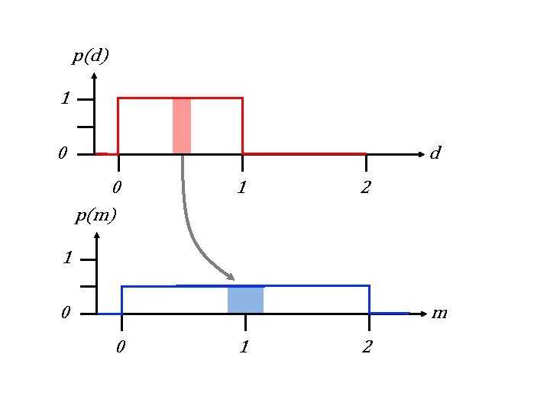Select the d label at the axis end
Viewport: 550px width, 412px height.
click(435, 153)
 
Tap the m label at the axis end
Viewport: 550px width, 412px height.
click(439, 313)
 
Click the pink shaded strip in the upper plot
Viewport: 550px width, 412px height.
click(182, 126)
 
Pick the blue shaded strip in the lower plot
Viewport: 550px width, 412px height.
click(245, 300)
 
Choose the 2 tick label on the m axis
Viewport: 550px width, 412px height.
click(367, 348)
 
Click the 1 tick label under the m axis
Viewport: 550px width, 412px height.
click(244, 348)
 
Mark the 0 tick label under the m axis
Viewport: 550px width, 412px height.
click(120, 348)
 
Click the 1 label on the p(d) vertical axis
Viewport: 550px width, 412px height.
click(66, 99)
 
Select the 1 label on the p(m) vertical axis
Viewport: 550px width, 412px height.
click(68, 259)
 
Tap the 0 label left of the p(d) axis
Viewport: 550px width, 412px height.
click(63, 154)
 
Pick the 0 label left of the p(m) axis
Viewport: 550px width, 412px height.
click(66, 313)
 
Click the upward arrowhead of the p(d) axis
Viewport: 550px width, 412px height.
click(93, 76)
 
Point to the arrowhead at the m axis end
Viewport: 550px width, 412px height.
click(422, 313)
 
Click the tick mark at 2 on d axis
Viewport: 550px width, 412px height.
click(366, 162)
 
